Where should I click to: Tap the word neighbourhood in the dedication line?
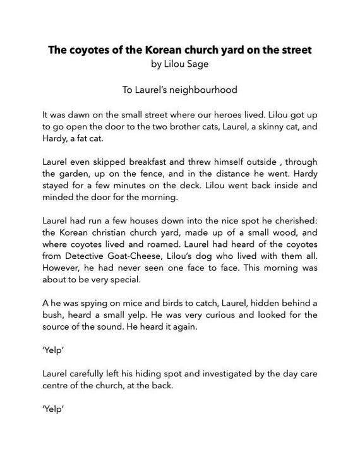point(205,90)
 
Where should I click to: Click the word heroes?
point(208,116)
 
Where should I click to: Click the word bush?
point(53,314)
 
